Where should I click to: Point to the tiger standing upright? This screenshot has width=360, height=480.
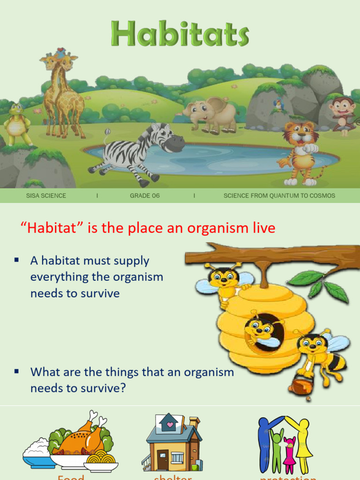(300, 150)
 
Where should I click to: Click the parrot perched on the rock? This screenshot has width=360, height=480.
(279, 105)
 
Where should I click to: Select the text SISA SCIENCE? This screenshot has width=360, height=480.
(46, 195)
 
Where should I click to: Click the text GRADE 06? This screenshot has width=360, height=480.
(145, 195)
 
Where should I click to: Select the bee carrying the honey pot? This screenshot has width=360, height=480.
(319, 354)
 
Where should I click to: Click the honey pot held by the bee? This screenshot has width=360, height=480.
(298, 386)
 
